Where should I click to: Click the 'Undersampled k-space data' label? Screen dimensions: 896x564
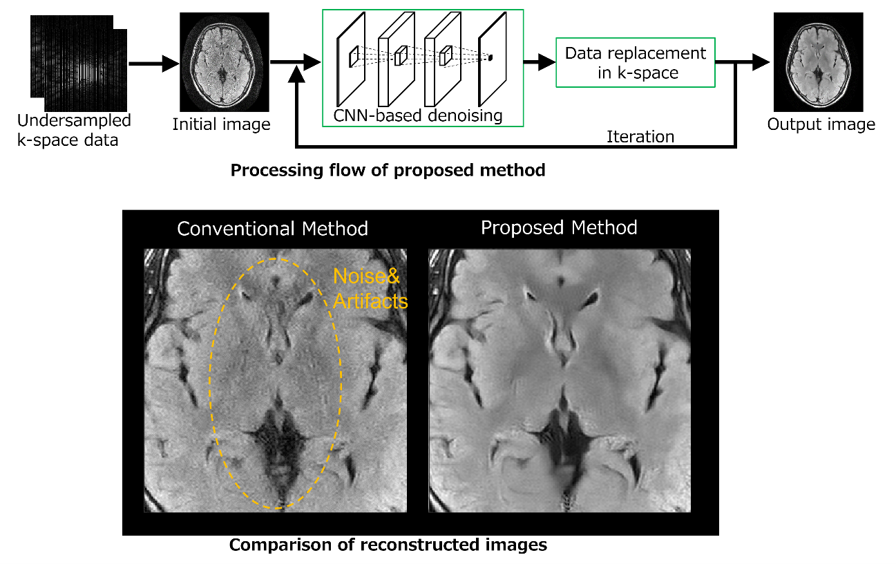click(x=74, y=131)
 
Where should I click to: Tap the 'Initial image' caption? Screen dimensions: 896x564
click(x=221, y=124)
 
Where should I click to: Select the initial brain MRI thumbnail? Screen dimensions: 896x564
click(x=225, y=62)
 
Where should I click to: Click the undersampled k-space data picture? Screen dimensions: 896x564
click(x=79, y=64)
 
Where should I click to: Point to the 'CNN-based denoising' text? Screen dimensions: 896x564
click(x=417, y=115)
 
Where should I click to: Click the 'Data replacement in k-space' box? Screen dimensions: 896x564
click(x=636, y=62)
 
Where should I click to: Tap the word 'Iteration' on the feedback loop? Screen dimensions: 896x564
click(x=640, y=137)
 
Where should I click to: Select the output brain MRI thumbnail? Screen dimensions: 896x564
click(x=819, y=62)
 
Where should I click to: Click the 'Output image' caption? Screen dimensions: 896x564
click(x=821, y=124)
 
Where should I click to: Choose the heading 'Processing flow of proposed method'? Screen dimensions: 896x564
click(x=388, y=170)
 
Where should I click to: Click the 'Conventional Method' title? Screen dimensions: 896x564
click(x=272, y=229)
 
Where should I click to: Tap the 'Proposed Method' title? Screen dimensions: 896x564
click(x=559, y=227)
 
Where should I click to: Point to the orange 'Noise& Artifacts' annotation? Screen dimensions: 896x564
click(x=370, y=289)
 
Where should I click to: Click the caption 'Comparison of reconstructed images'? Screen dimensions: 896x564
click(x=388, y=545)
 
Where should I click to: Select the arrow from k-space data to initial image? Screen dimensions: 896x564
click(x=154, y=64)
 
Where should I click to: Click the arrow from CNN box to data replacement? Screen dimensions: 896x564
click(x=540, y=62)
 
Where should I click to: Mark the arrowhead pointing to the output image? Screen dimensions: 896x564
click(x=761, y=62)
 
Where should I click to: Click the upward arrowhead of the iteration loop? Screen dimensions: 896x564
click(x=296, y=75)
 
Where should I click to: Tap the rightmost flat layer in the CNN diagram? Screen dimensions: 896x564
click(x=493, y=59)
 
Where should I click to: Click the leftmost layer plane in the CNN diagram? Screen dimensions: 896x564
click(x=351, y=59)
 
